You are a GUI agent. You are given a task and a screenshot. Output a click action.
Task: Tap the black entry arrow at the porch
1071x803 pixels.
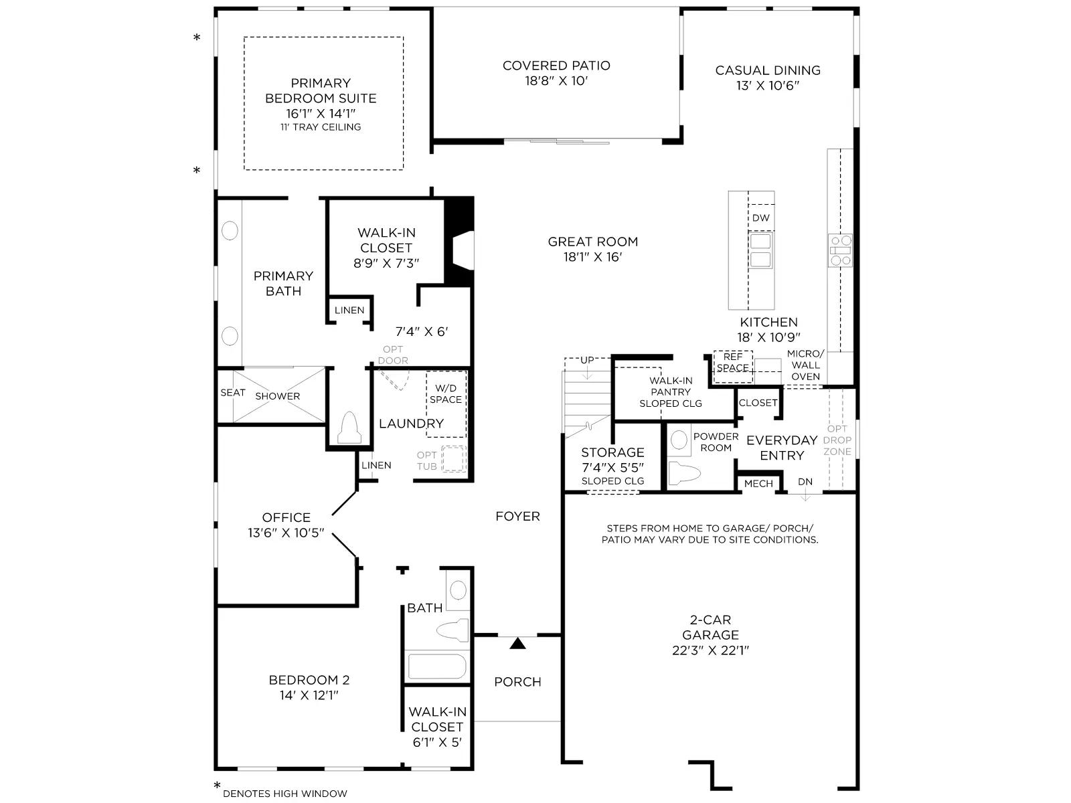[x=517, y=644]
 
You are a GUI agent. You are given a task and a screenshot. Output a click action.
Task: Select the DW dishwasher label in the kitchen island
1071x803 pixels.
[x=760, y=218]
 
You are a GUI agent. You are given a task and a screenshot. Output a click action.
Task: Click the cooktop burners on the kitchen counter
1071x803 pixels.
[x=839, y=250]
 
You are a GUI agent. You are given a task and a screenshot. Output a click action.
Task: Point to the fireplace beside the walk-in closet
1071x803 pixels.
[x=460, y=242]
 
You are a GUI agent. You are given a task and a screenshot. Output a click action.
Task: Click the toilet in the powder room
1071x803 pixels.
[x=684, y=473]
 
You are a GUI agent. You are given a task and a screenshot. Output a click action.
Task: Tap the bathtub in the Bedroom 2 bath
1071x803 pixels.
[x=437, y=666]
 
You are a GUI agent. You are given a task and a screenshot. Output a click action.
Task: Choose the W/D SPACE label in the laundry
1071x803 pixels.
[x=446, y=394]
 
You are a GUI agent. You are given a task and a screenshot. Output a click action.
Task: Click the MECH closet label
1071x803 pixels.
[x=758, y=484]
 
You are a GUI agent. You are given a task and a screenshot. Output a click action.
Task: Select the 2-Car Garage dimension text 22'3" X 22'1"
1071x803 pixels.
[x=710, y=650]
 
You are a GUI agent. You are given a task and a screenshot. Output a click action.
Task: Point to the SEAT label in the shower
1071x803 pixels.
[x=233, y=393]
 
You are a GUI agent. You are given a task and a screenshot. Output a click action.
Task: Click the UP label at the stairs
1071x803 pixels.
[x=587, y=360]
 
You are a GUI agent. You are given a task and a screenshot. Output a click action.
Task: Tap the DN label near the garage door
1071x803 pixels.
[x=805, y=482]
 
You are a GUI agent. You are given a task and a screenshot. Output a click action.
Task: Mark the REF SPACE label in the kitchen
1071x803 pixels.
[x=732, y=362]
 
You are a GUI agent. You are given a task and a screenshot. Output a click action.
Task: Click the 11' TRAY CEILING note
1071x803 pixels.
[x=321, y=127]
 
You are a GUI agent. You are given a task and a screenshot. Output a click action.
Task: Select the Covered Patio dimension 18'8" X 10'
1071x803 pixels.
[x=556, y=81]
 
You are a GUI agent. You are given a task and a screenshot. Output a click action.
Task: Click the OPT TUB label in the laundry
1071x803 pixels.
[x=426, y=461]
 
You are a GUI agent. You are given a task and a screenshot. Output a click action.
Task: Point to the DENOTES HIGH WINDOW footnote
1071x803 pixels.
[x=285, y=794]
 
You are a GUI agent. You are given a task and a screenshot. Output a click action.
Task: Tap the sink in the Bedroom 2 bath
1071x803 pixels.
[x=458, y=590]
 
